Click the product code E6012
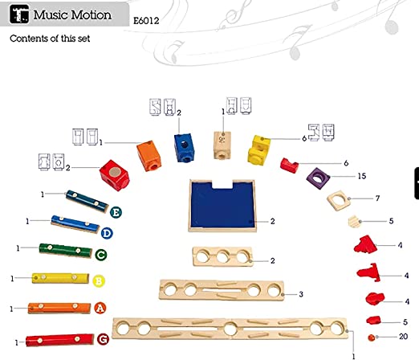coord(146,21)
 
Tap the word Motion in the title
coord(91,14)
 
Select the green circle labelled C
coord(101,255)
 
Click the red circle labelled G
coord(103,339)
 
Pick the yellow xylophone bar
coord(60,278)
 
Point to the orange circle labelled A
coord(100,308)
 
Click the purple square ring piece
coord(318,178)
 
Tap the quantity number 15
coord(362,176)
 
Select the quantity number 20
coord(404,336)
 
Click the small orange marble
coord(372,337)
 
